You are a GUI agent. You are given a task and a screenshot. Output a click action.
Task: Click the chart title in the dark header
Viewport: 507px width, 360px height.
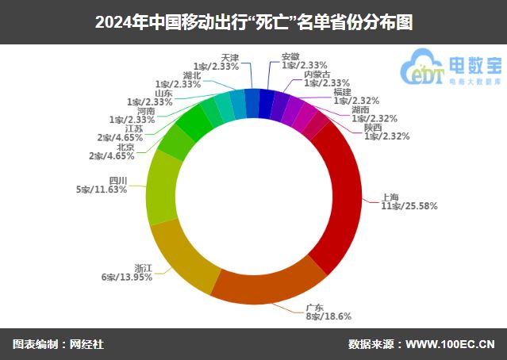pos(253,21)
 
